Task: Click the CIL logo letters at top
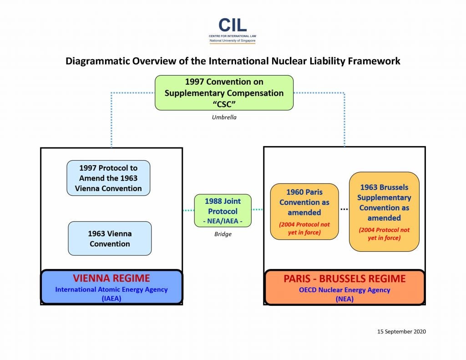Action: coord(233,25)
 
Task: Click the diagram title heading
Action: coord(233,61)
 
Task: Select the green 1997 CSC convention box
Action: coord(224,93)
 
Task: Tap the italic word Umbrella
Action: coord(224,117)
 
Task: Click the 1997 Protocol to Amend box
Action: coord(108,178)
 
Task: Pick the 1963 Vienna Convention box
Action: coord(110,238)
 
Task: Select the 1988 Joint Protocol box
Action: coord(223,211)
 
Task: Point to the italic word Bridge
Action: coord(223,234)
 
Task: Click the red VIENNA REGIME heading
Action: coord(111,279)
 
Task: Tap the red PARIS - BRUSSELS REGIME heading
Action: coord(344,279)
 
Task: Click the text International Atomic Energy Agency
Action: coord(111,289)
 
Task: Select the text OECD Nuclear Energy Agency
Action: coord(344,290)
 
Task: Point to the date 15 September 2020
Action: coord(401,332)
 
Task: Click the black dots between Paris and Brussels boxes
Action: coord(344,209)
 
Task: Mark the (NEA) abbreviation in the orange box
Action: coord(344,298)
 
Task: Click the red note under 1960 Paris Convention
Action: coord(304,228)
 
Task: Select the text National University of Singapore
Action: coord(233,41)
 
